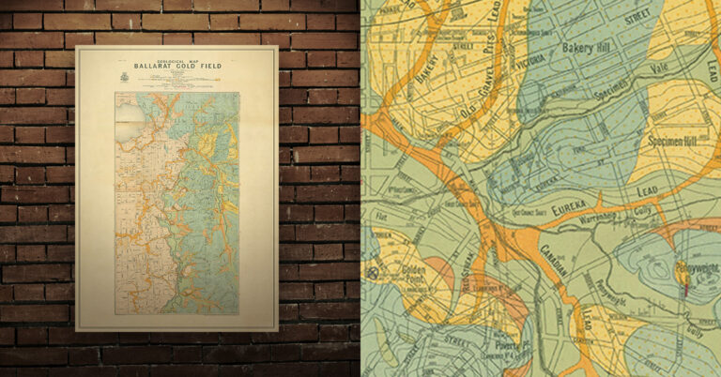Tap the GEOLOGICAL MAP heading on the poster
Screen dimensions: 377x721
pos(176,55)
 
